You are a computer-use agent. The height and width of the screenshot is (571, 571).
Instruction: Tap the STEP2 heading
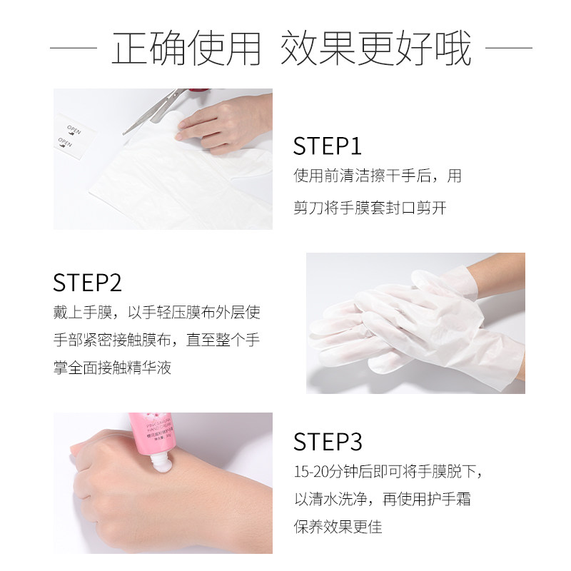coord(88,282)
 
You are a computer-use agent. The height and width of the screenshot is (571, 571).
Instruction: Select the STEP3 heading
coord(329,442)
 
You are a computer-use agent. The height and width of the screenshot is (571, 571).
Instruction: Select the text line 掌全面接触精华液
coord(112,368)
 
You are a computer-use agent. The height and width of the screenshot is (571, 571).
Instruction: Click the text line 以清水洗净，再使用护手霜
coord(382,500)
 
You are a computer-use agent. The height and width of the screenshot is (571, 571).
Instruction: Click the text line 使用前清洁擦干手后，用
coord(377,176)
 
